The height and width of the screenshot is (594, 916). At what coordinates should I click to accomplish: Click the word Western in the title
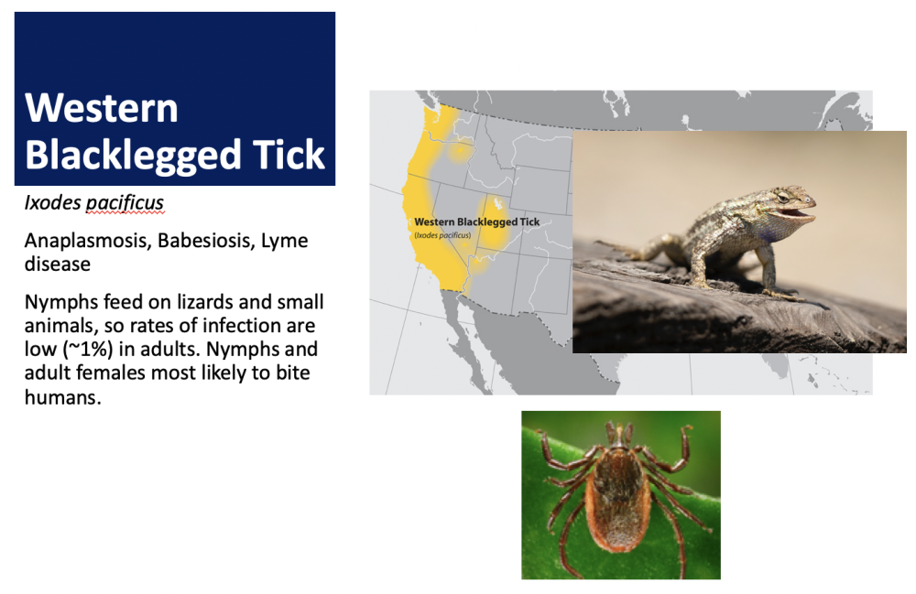(102, 108)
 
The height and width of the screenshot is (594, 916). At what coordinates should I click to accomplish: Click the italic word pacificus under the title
(125, 203)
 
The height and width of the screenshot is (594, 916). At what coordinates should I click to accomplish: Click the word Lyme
(285, 241)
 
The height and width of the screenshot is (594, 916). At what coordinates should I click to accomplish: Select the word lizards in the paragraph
(204, 302)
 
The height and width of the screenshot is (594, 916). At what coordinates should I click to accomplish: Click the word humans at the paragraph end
(62, 397)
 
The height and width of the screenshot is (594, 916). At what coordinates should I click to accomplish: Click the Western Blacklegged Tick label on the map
(476, 221)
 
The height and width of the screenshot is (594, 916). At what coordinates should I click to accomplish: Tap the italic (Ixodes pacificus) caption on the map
(442, 235)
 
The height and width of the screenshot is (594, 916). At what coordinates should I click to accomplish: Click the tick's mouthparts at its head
(619, 435)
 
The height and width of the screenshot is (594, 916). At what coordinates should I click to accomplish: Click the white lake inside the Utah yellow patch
(497, 203)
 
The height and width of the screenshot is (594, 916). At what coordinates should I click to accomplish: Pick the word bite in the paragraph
(293, 373)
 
